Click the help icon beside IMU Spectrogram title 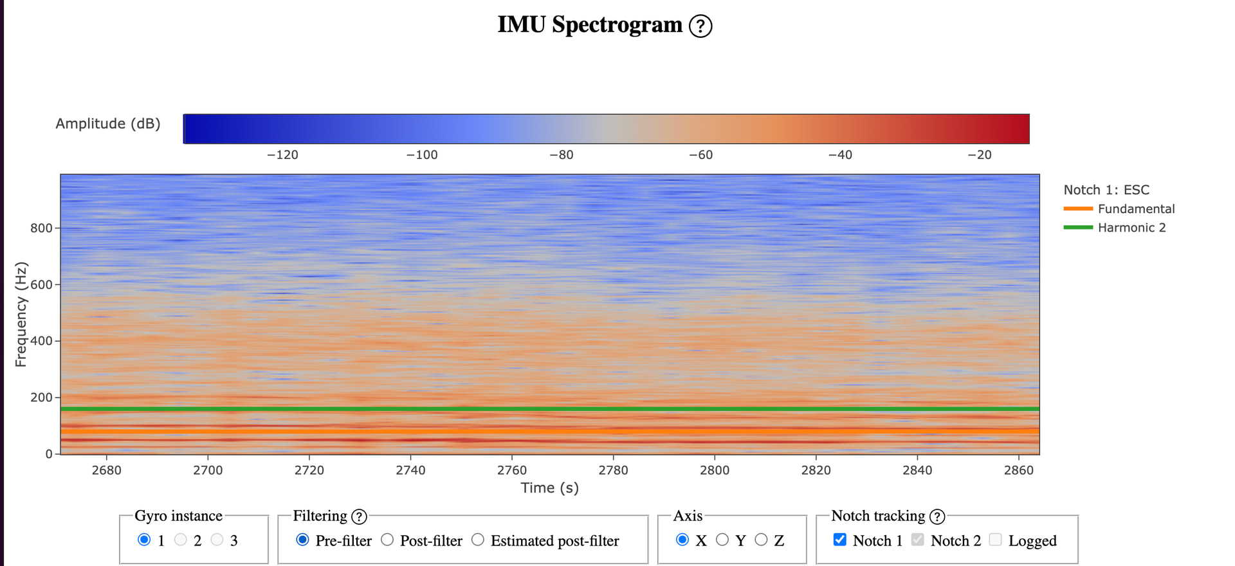(x=700, y=26)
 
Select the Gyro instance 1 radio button (x=144, y=540)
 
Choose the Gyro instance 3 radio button (x=217, y=540)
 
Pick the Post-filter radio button (x=387, y=540)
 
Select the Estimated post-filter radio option (x=478, y=540)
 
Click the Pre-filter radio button (x=302, y=540)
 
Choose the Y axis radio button (x=722, y=540)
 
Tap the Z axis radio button (x=762, y=540)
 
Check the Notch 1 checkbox (x=840, y=540)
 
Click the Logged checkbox (x=996, y=540)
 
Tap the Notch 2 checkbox (x=918, y=540)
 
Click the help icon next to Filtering (x=360, y=516)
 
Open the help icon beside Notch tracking (x=938, y=516)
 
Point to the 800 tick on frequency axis (x=41, y=228)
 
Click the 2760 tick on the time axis (x=512, y=470)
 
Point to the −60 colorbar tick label (x=700, y=155)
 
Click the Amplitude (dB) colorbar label (x=108, y=123)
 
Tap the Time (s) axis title (x=550, y=488)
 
